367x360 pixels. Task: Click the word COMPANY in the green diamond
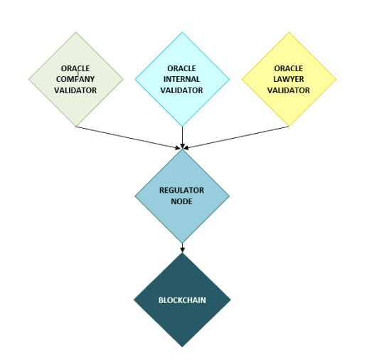point(75,79)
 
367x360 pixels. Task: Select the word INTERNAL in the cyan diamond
point(181,79)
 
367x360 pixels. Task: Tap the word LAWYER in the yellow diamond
point(289,79)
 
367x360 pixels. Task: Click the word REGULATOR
point(181,190)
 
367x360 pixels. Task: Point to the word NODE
point(181,201)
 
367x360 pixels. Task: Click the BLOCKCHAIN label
point(182,300)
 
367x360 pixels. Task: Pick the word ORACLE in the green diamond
point(75,68)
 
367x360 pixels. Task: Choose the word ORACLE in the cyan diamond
point(181,68)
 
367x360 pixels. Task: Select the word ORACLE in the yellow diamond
point(289,68)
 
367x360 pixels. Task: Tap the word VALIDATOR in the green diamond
point(75,90)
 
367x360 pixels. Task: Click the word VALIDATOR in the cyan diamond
point(181,90)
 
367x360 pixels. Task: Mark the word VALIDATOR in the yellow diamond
point(289,90)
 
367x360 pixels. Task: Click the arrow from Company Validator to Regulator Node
point(128,138)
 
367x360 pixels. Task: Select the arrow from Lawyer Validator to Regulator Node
point(236,137)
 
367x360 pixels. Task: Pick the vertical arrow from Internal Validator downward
point(182,137)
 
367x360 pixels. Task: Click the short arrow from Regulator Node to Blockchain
point(182,248)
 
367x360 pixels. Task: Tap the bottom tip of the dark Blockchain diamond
point(182,347)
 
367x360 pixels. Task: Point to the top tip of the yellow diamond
point(289,32)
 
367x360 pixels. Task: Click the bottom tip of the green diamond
point(76,126)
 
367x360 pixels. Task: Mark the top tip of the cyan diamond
point(182,32)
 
